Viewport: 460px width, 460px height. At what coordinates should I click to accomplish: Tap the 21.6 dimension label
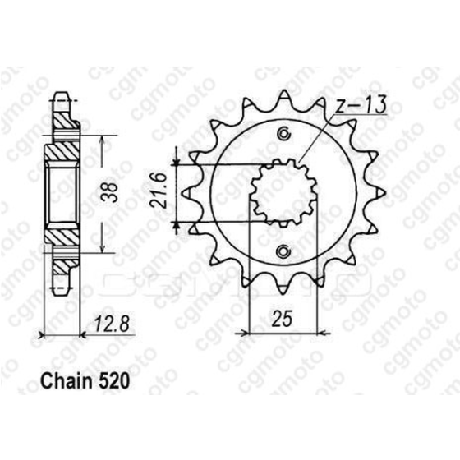[x=162, y=193]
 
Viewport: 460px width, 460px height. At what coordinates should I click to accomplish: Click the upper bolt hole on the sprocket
[x=285, y=135]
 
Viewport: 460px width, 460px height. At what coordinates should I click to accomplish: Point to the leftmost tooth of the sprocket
[x=186, y=193]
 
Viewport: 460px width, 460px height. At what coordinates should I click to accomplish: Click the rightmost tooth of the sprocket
[x=380, y=193]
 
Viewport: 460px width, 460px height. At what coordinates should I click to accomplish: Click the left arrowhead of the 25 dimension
[x=241, y=333]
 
